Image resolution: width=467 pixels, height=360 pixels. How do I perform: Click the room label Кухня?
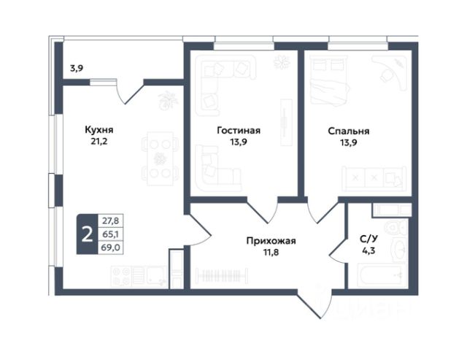click(99, 130)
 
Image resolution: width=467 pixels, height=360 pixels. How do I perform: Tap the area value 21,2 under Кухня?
click(99, 142)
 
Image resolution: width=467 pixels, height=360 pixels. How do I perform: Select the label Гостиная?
click(239, 131)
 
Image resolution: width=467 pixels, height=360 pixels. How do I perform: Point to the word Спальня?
click(349, 131)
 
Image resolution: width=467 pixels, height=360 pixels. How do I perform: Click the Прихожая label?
click(271, 241)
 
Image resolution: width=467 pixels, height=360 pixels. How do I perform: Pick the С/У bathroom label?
click(368, 239)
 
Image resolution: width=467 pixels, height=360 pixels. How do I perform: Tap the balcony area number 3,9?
click(77, 69)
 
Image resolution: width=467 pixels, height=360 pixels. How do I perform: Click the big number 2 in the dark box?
click(88, 234)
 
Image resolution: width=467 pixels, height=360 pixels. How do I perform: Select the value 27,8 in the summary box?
click(110, 221)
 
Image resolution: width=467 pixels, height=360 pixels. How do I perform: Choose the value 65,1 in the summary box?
click(110, 234)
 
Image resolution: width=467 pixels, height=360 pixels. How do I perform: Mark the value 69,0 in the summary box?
click(110, 248)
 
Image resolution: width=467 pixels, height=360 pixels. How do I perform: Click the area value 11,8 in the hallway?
click(271, 253)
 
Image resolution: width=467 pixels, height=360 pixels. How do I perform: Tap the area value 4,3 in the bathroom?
click(368, 250)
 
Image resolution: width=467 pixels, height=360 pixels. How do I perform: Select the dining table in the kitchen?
click(161, 158)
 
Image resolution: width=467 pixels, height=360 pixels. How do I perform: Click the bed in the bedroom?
click(329, 80)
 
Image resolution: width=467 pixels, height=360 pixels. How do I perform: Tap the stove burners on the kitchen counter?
click(121, 276)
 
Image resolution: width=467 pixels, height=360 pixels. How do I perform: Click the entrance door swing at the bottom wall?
click(314, 303)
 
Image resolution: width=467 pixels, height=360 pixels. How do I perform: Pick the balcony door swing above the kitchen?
click(129, 91)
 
